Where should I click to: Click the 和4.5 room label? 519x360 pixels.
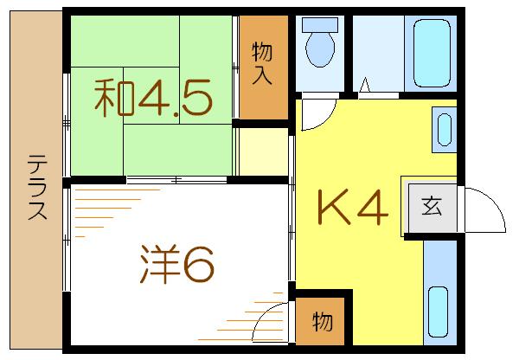tap(153, 98)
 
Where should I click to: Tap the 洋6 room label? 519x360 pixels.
tap(176, 265)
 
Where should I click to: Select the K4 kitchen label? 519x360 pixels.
tap(353, 208)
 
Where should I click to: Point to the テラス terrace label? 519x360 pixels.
tap(37, 187)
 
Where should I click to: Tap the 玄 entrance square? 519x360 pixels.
tap(432, 208)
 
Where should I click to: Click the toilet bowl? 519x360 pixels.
tap(320, 49)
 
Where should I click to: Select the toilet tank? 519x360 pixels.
tap(320, 25)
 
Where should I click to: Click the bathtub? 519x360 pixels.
tap(432, 54)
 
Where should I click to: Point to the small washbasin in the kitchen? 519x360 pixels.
tap(444, 130)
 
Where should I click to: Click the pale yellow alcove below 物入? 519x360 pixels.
tap(263, 151)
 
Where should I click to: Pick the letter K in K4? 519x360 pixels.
tap(334, 208)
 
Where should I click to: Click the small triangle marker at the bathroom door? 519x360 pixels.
tap(365, 85)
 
